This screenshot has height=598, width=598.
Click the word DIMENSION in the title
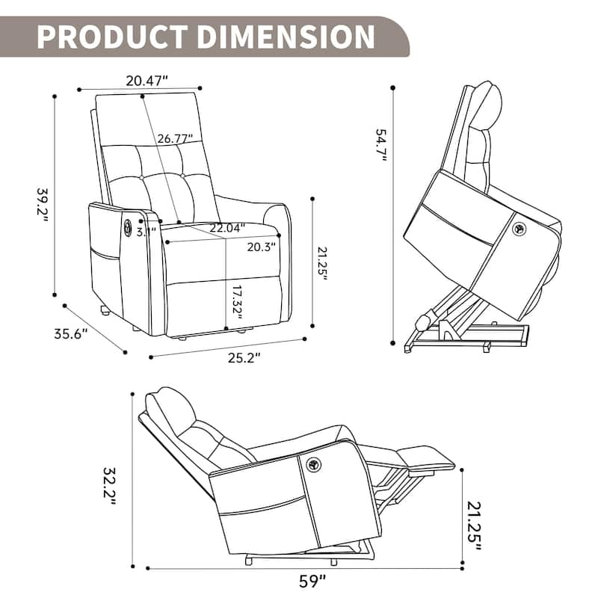tap(287, 35)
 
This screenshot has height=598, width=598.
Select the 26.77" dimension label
tap(175, 138)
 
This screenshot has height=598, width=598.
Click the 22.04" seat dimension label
tap(226, 228)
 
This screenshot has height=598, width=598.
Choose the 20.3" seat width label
tap(261, 245)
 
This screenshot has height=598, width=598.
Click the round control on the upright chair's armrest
tap(126, 226)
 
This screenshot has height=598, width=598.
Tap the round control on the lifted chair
tap(517, 229)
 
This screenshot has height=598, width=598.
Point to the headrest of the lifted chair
tap(487, 99)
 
